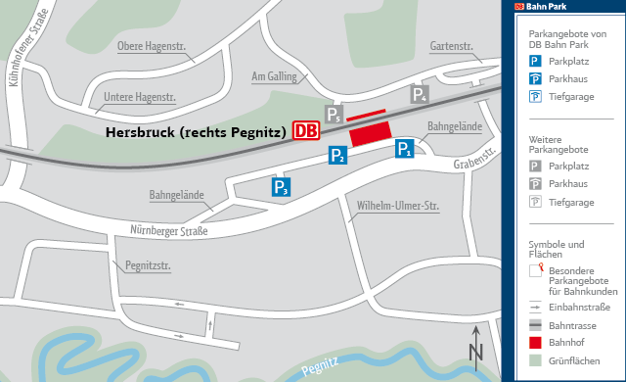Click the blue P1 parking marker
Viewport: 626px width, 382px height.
tap(404, 149)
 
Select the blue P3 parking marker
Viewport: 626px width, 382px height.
tap(281, 188)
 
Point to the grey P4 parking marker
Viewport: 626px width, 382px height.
tap(420, 95)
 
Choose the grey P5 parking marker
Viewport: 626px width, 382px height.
tap(335, 117)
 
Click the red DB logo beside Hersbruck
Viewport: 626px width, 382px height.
tap(305, 131)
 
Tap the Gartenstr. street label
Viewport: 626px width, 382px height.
tap(451, 46)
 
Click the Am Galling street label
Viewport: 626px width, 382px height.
tap(274, 76)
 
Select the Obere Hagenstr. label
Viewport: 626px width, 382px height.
tap(151, 45)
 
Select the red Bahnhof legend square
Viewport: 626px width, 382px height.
tap(536, 343)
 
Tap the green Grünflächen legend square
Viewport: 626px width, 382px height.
tap(536, 361)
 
